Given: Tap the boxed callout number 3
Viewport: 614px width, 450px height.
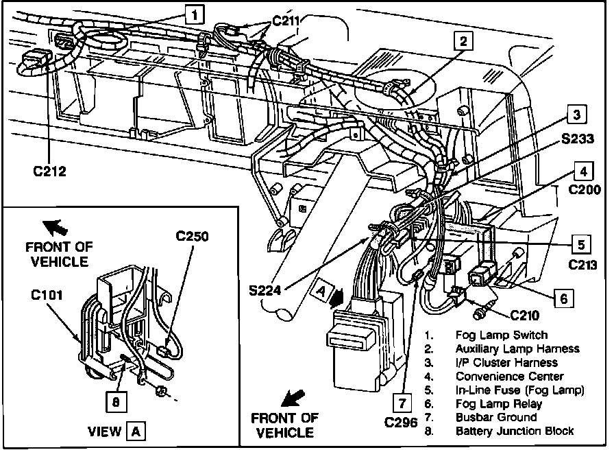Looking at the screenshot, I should tap(578, 115).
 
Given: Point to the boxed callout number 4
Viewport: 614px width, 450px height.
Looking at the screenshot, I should tap(582, 171).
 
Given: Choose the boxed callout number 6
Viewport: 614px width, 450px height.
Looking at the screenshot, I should tap(563, 298).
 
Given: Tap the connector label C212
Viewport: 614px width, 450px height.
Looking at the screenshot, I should tap(47, 171).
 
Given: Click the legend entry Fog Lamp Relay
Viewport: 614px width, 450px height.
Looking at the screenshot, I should tap(498, 403).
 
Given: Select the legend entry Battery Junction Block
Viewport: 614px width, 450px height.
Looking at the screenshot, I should tap(515, 431).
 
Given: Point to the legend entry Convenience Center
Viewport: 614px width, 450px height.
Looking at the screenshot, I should tap(509, 376).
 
